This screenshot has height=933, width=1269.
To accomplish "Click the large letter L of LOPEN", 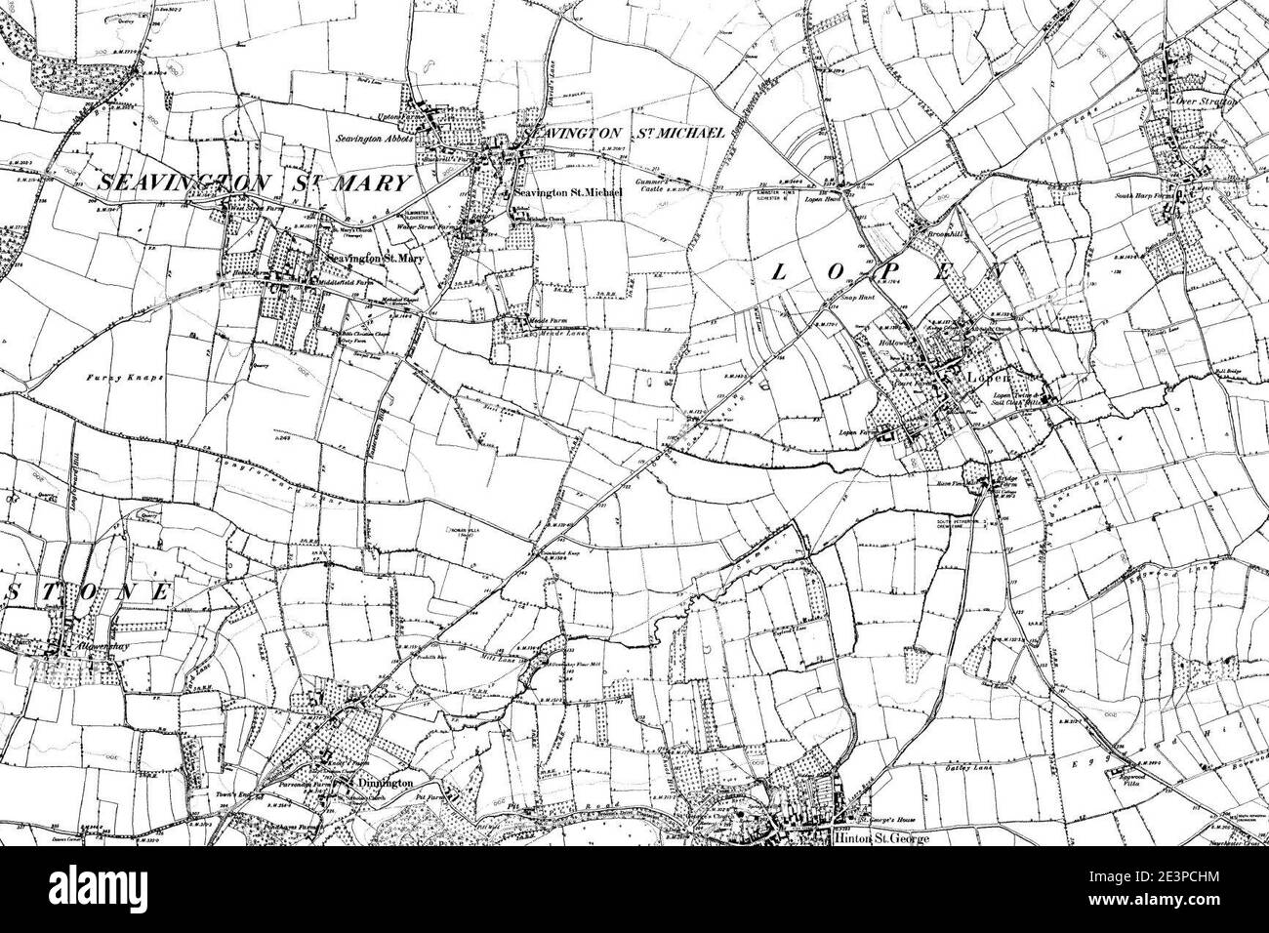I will (778, 275).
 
